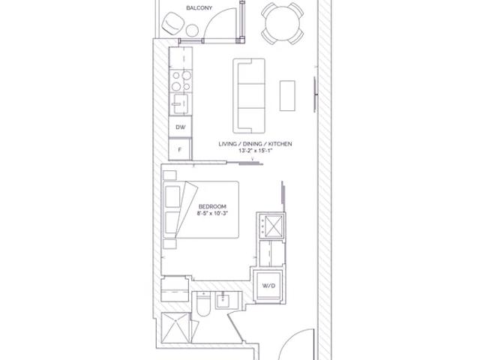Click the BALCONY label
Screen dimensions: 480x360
pos(199,8)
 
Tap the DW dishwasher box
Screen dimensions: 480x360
pos(180,127)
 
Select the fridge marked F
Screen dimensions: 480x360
pos(180,149)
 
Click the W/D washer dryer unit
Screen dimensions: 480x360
pos(268,286)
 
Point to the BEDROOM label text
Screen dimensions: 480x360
pos(212,206)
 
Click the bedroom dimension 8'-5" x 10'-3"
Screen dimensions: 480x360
pos(212,213)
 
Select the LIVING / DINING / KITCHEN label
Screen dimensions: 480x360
pos(255,143)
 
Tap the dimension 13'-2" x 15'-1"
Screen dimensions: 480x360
pos(255,151)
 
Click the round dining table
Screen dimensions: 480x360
pos(283,23)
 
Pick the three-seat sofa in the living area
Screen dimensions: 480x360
pos(249,96)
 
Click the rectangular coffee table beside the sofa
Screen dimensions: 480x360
pos(287,95)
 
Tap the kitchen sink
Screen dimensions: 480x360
pos(181,103)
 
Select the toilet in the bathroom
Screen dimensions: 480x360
pos(203,304)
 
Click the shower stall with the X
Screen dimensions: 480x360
pos(175,328)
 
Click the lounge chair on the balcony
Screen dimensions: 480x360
pos(173,23)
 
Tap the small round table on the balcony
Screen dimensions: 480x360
pos(192,31)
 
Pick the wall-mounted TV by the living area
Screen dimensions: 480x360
pos(315,94)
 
